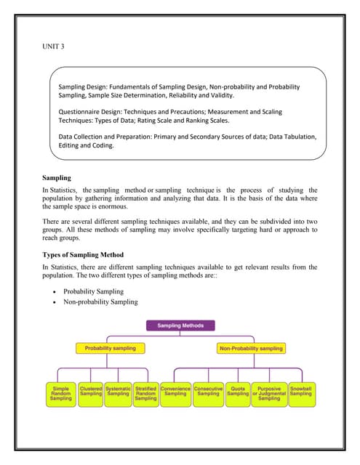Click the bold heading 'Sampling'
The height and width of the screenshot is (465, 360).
[x=60, y=178]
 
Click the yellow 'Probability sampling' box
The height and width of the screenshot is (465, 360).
[x=110, y=348]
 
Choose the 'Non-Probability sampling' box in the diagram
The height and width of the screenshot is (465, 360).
[x=250, y=348]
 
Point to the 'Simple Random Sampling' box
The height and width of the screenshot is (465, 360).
[x=61, y=394]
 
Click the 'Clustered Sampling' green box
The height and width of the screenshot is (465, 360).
[x=91, y=392]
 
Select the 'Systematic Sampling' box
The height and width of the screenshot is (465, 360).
[x=118, y=392]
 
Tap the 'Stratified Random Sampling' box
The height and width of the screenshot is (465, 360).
[x=145, y=394]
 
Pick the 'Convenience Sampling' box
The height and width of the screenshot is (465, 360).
[x=175, y=392]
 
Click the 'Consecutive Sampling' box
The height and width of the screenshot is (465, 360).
[x=208, y=392]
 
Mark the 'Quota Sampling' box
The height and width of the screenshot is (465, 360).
[x=238, y=392]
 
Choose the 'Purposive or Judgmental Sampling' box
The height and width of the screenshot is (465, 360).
[x=268, y=394]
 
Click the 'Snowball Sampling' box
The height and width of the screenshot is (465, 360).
[x=300, y=392]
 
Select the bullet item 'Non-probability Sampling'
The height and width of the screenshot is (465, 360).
[x=100, y=302]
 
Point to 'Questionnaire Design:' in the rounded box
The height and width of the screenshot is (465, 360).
[x=92, y=111]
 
